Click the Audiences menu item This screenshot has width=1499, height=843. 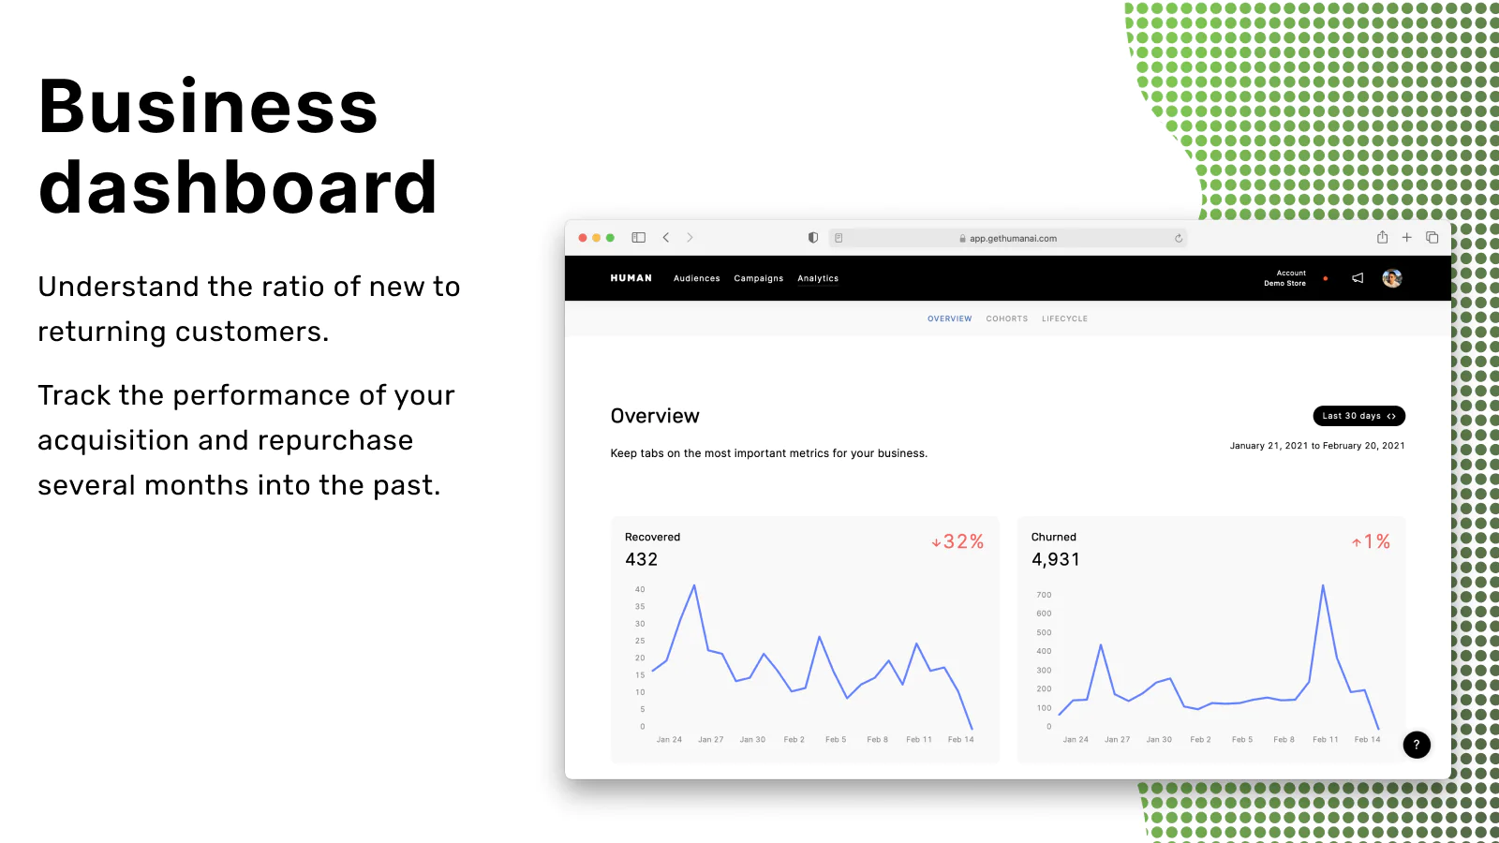(697, 278)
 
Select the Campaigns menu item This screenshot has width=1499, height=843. (758, 278)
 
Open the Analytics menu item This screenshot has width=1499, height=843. (818, 278)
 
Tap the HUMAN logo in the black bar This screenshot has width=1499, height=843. (631, 278)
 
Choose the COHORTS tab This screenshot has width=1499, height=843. (1006, 318)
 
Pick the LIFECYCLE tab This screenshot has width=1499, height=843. (1064, 318)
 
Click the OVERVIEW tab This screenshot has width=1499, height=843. (950, 318)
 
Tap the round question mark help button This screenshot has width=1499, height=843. (1416, 745)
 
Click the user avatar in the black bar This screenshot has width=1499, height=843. (1392, 278)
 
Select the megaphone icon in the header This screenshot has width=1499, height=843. (1358, 278)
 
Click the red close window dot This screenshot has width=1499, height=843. (582, 238)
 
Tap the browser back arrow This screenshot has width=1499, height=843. (666, 238)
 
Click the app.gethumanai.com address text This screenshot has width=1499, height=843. (1013, 238)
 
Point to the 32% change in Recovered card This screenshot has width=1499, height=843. (957, 541)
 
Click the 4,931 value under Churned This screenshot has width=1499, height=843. (1055, 559)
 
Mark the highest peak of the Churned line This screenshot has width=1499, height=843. (1322, 585)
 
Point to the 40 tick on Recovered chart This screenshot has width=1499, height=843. (640, 589)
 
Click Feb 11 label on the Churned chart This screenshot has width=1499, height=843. (1325, 739)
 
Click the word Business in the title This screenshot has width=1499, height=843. (208, 107)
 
